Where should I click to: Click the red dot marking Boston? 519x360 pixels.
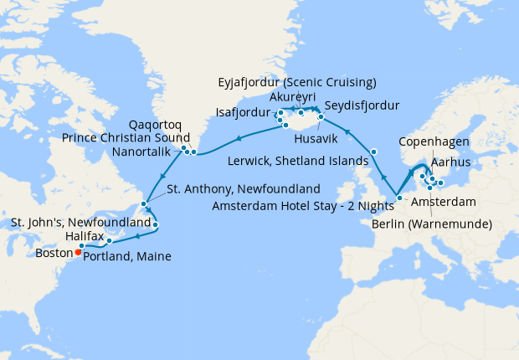tap(78, 250)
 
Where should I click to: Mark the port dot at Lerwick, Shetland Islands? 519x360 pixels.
tap(374, 152)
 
